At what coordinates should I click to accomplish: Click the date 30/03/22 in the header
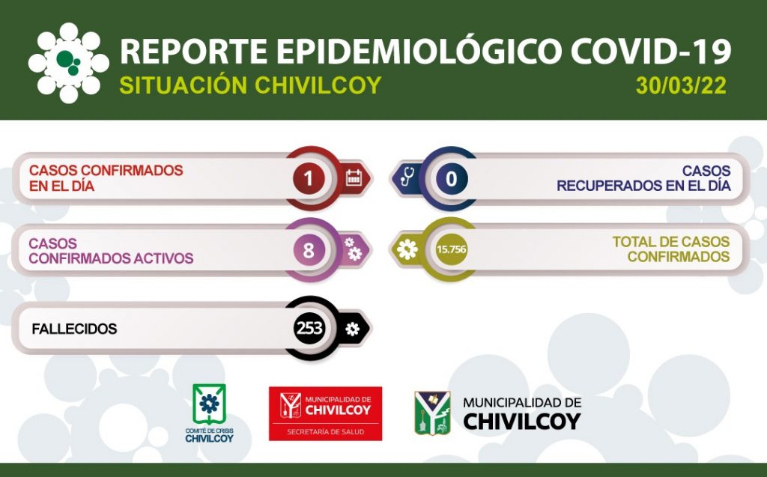coord(681,85)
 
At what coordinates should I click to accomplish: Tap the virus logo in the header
coord(68,63)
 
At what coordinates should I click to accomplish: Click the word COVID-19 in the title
coord(651,51)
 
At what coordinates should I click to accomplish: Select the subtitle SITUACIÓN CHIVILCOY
coord(250,85)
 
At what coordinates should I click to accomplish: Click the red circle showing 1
coord(309,178)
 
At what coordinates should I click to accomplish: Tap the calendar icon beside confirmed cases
coord(354,177)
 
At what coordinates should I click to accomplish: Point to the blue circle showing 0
coord(451,178)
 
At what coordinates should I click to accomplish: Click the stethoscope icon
coord(407,177)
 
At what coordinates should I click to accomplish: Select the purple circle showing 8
coord(309,250)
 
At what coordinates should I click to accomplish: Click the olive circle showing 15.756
coord(451,249)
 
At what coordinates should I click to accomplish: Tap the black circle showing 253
coord(309,328)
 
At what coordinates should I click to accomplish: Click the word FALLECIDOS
coord(74,329)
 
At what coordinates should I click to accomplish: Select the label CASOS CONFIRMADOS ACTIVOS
coord(111,251)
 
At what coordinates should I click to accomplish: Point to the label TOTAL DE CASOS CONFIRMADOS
coord(671,249)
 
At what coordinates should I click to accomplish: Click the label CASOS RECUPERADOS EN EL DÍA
coord(643,178)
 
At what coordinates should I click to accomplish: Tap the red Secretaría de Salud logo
coord(325,413)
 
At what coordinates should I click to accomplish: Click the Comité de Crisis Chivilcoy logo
coord(210,413)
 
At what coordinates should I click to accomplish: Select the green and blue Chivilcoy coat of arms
coord(432,413)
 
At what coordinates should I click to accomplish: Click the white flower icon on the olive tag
coord(407,249)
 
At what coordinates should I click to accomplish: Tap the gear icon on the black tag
coord(352,329)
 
